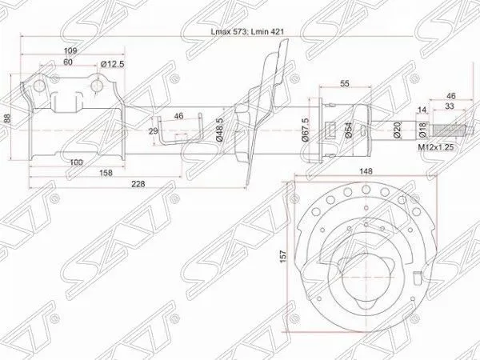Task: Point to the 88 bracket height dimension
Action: pos(8,118)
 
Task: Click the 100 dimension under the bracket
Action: pos(75,163)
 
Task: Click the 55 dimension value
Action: pos(345,83)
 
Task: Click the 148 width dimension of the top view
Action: pos(367,170)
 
